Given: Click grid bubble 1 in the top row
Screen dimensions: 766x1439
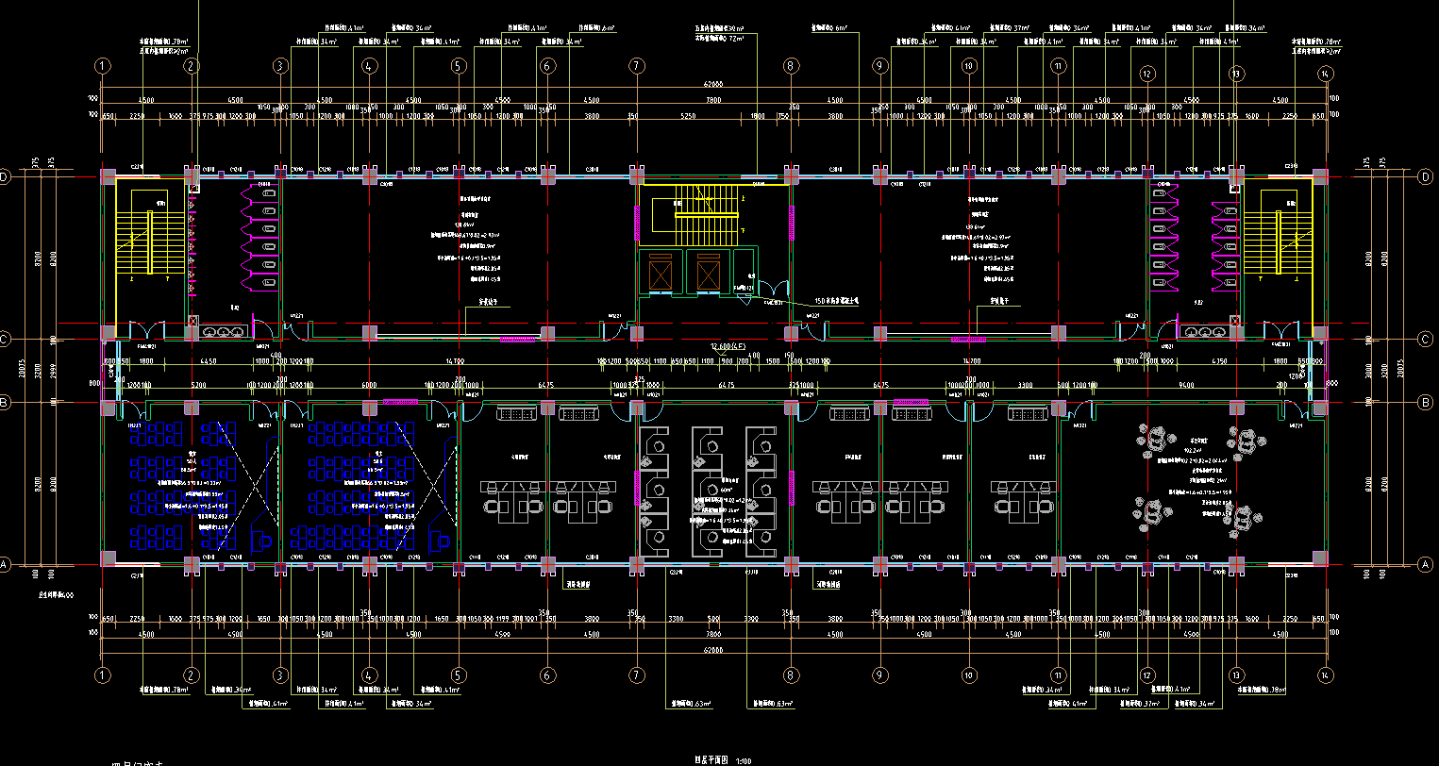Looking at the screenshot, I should tap(102, 66).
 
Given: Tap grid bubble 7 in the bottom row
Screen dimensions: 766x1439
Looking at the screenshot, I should tap(638, 675).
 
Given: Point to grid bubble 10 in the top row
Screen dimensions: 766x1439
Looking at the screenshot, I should tap(968, 66).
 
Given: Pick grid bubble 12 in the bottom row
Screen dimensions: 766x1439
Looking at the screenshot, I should tap(1147, 675).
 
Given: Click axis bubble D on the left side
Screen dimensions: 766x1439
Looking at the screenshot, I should tap(4, 177).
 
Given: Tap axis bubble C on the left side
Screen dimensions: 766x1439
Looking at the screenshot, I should tap(4, 339).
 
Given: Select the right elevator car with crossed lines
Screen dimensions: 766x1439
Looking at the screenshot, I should tap(709, 275).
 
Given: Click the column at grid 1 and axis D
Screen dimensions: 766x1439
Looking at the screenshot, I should tap(109, 176).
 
